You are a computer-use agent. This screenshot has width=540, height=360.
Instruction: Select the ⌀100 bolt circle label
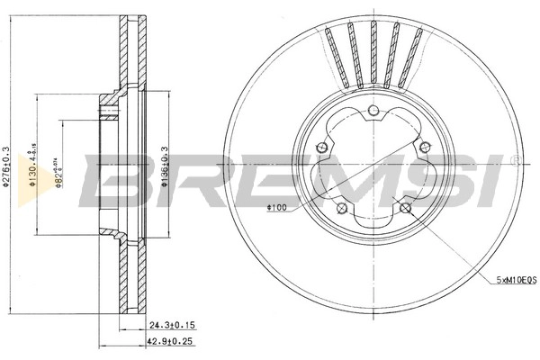pyautogui.click(x=276, y=209)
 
